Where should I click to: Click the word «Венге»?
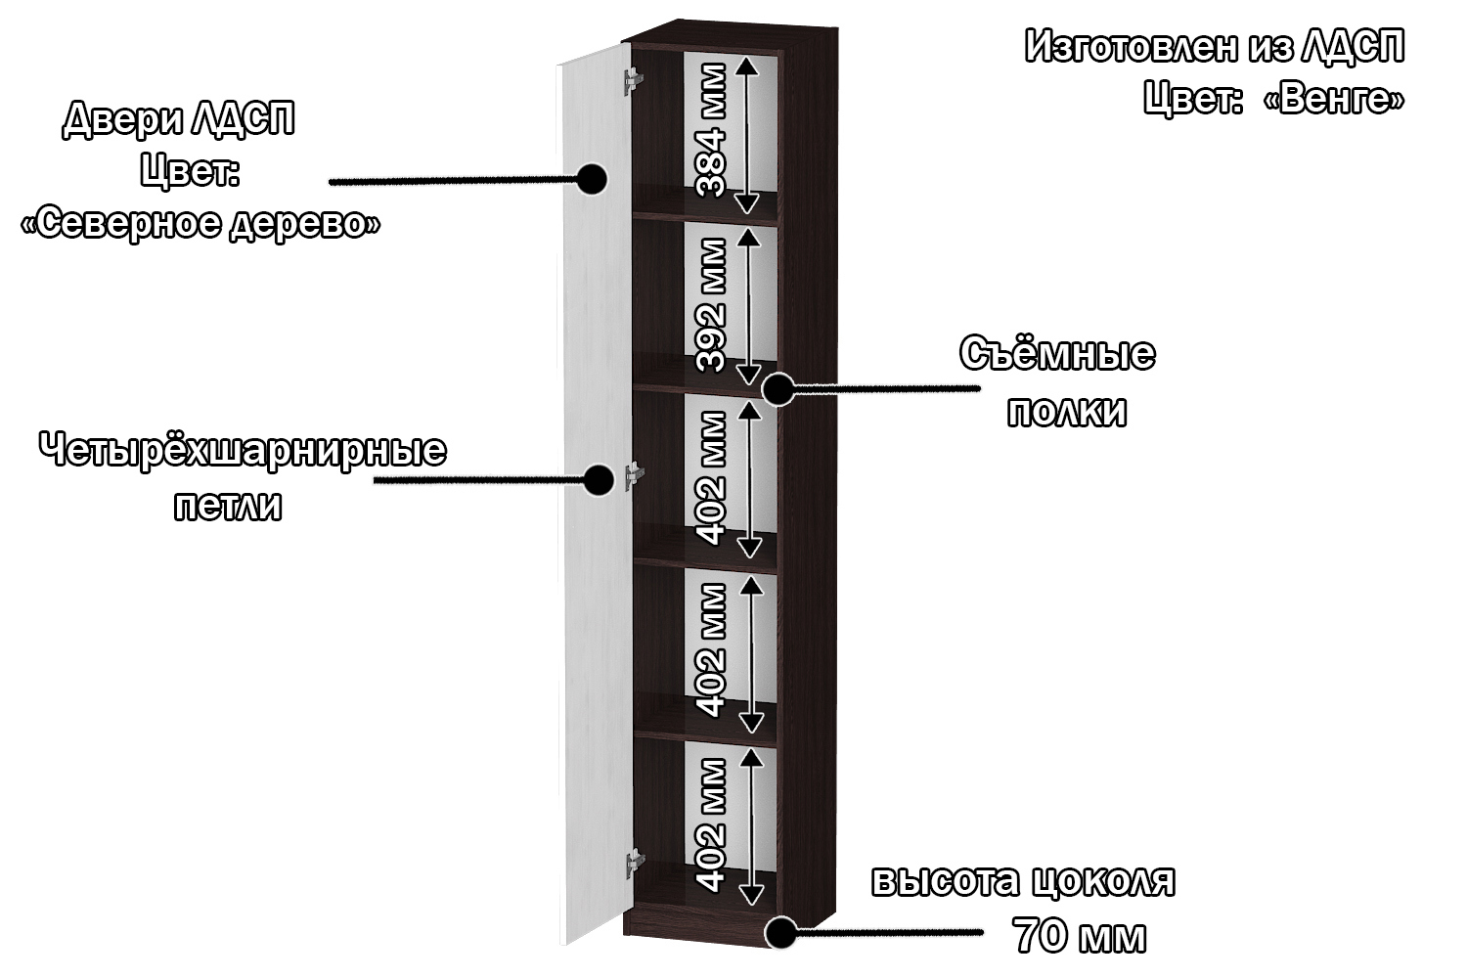click(x=1341, y=99)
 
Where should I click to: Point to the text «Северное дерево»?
click(x=200, y=224)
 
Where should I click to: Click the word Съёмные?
click(x=1057, y=355)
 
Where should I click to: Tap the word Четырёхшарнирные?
click(x=243, y=452)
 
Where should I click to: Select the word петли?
click(x=228, y=507)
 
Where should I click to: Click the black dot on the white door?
click(x=592, y=179)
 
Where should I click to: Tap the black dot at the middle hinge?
click(x=599, y=479)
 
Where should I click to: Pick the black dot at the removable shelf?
click(x=778, y=388)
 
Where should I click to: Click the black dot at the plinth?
click(x=779, y=932)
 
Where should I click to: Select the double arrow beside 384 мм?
click(x=747, y=134)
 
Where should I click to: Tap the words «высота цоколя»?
click(x=1023, y=881)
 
